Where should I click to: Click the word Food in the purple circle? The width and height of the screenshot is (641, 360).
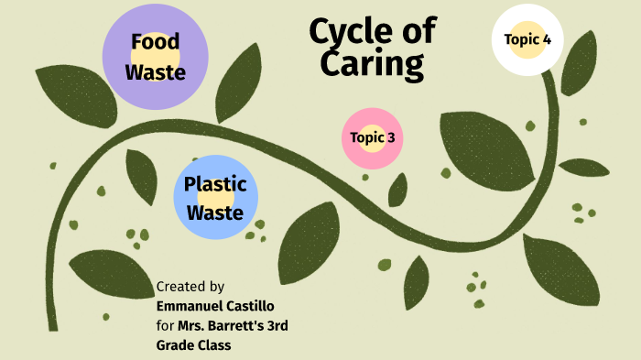pyautogui.click(x=155, y=42)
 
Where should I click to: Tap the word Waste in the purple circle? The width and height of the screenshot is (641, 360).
pyautogui.click(x=155, y=71)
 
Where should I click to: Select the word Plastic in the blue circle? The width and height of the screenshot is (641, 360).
pyautogui.click(x=215, y=183)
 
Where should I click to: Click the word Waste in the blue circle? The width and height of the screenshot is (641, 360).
pyautogui.click(x=215, y=213)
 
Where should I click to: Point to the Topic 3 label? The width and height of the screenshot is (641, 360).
pyautogui.click(x=372, y=138)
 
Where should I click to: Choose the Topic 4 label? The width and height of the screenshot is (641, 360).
pyautogui.click(x=527, y=39)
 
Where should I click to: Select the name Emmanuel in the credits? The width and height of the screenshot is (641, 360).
pyautogui.click(x=191, y=306)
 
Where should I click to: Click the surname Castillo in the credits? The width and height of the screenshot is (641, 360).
pyautogui.click(x=255, y=306)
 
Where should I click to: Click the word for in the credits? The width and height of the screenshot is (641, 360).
pyautogui.click(x=165, y=325)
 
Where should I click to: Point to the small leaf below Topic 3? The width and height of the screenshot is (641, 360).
pyautogui.click(x=397, y=190)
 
